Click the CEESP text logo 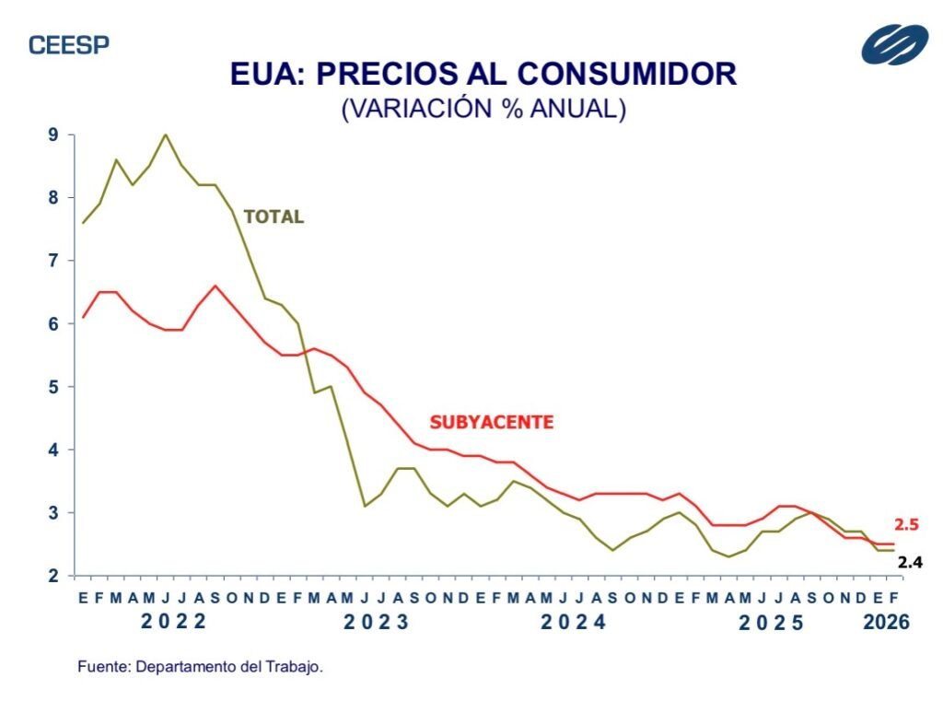pos(69,45)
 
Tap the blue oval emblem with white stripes pos(894,44)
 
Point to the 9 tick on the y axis pos(53,134)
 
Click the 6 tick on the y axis pos(53,323)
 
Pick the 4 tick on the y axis pos(53,450)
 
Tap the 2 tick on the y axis pos(53,576)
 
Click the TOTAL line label pos(274,217)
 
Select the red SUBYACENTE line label pos(492,423)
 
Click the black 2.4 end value pos(909,561)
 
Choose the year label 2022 pos(174,622)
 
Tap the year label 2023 pos(376,622)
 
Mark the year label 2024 pos(573,622)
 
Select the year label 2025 pos(772,623)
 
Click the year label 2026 pos(886,623)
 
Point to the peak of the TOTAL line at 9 pos(165,134)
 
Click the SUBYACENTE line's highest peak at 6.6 pos(215,286)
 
